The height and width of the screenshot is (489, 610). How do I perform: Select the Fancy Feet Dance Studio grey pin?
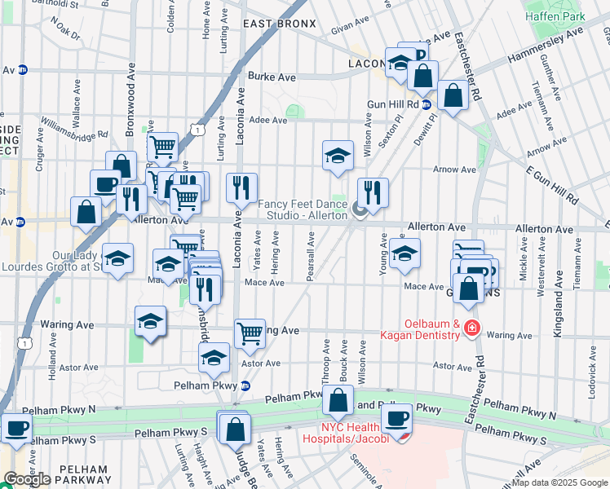coord(359,213)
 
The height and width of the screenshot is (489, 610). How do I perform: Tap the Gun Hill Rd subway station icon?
coord(426,104)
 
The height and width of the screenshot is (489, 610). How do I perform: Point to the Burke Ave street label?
coord(272,77)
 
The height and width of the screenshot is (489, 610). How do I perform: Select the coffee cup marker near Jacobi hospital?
coord(397,419)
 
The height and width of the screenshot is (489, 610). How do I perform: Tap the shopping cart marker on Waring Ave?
coord(250,333)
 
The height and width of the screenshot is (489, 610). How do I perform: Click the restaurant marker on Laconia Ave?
coord(241,188)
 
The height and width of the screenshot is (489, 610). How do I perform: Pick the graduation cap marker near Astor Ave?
coord(214,356)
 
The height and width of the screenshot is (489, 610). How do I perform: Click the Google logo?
coord(27,478)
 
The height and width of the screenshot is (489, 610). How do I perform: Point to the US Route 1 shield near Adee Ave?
coord(197,129)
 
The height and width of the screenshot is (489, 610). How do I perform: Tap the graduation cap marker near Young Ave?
coord(404,253)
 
